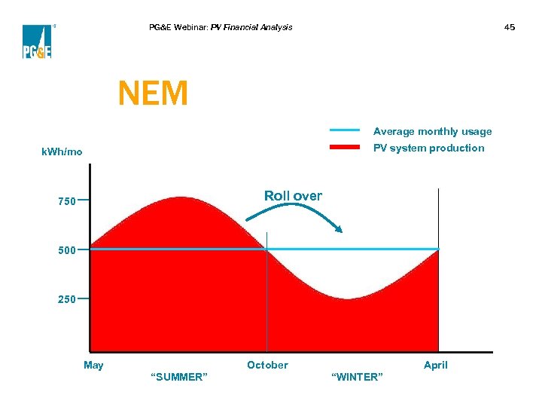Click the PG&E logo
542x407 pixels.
36,41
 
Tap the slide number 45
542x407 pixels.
510,27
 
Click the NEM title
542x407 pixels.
153,93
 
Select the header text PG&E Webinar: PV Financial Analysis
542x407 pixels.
221,27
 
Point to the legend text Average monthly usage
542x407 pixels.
432,131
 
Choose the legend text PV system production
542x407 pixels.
429,148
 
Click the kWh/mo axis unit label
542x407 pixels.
62,152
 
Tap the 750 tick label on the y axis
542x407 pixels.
66,201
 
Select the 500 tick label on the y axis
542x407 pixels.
66,251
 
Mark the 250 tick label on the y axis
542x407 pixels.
66,299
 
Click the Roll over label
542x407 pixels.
293,196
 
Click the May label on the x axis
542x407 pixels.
93,365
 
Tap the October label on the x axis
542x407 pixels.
267,365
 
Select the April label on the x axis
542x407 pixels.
435,365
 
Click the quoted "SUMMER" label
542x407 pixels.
179,376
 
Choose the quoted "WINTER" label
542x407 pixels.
356,376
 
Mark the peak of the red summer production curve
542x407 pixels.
180,198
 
